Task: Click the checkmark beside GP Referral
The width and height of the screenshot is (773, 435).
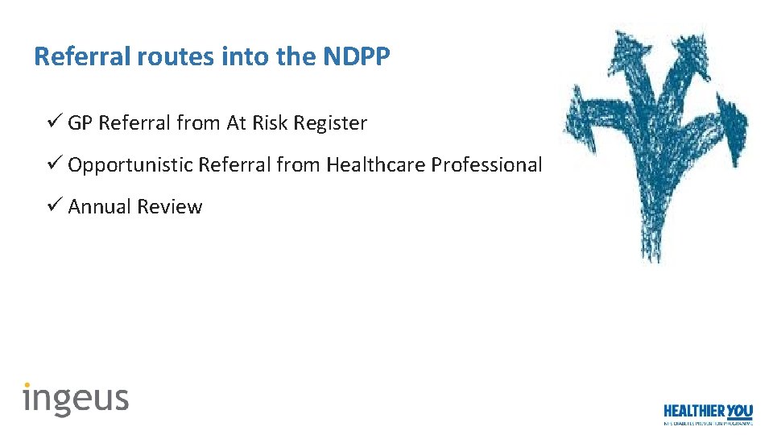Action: pos(54,122)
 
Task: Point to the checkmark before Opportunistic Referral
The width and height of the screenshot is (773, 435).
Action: pos(54,164)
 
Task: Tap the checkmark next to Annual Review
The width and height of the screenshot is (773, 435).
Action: pos(54,206)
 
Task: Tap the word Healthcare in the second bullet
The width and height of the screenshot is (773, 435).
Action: pos(375,165)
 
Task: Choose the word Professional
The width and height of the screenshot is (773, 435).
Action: pos(486,165)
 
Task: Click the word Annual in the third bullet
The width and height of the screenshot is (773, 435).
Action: pos(100,207)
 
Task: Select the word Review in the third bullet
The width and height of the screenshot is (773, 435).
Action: pos(169,207)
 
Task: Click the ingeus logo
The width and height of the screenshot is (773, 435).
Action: pos(76,399)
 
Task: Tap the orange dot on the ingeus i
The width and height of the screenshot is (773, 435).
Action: pos(27,385)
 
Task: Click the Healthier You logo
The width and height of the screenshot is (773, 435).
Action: pos(708,413)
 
